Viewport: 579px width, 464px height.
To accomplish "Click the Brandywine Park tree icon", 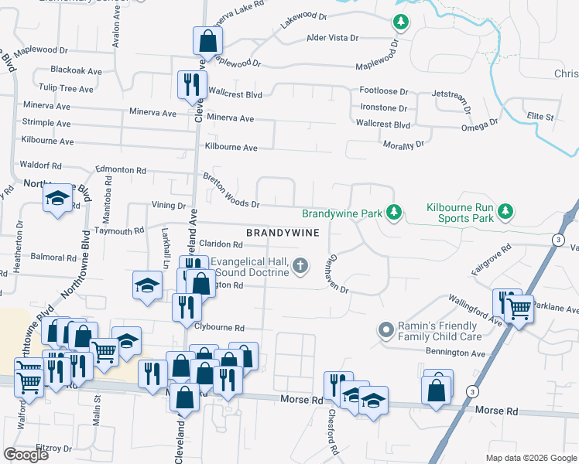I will [394, 212].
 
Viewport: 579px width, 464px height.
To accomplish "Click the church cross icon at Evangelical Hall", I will [301, 267].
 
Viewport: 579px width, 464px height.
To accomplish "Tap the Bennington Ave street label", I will [454, 353].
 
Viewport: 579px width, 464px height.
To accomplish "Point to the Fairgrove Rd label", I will [492, 262].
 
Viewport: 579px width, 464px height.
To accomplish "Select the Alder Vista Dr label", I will [333, 37].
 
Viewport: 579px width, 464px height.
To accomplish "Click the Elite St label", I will [540, 117].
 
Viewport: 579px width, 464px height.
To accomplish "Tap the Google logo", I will [26, 455].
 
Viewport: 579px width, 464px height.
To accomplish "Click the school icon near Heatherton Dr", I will [58, 199].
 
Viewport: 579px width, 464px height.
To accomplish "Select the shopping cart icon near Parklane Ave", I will [520, 309].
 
